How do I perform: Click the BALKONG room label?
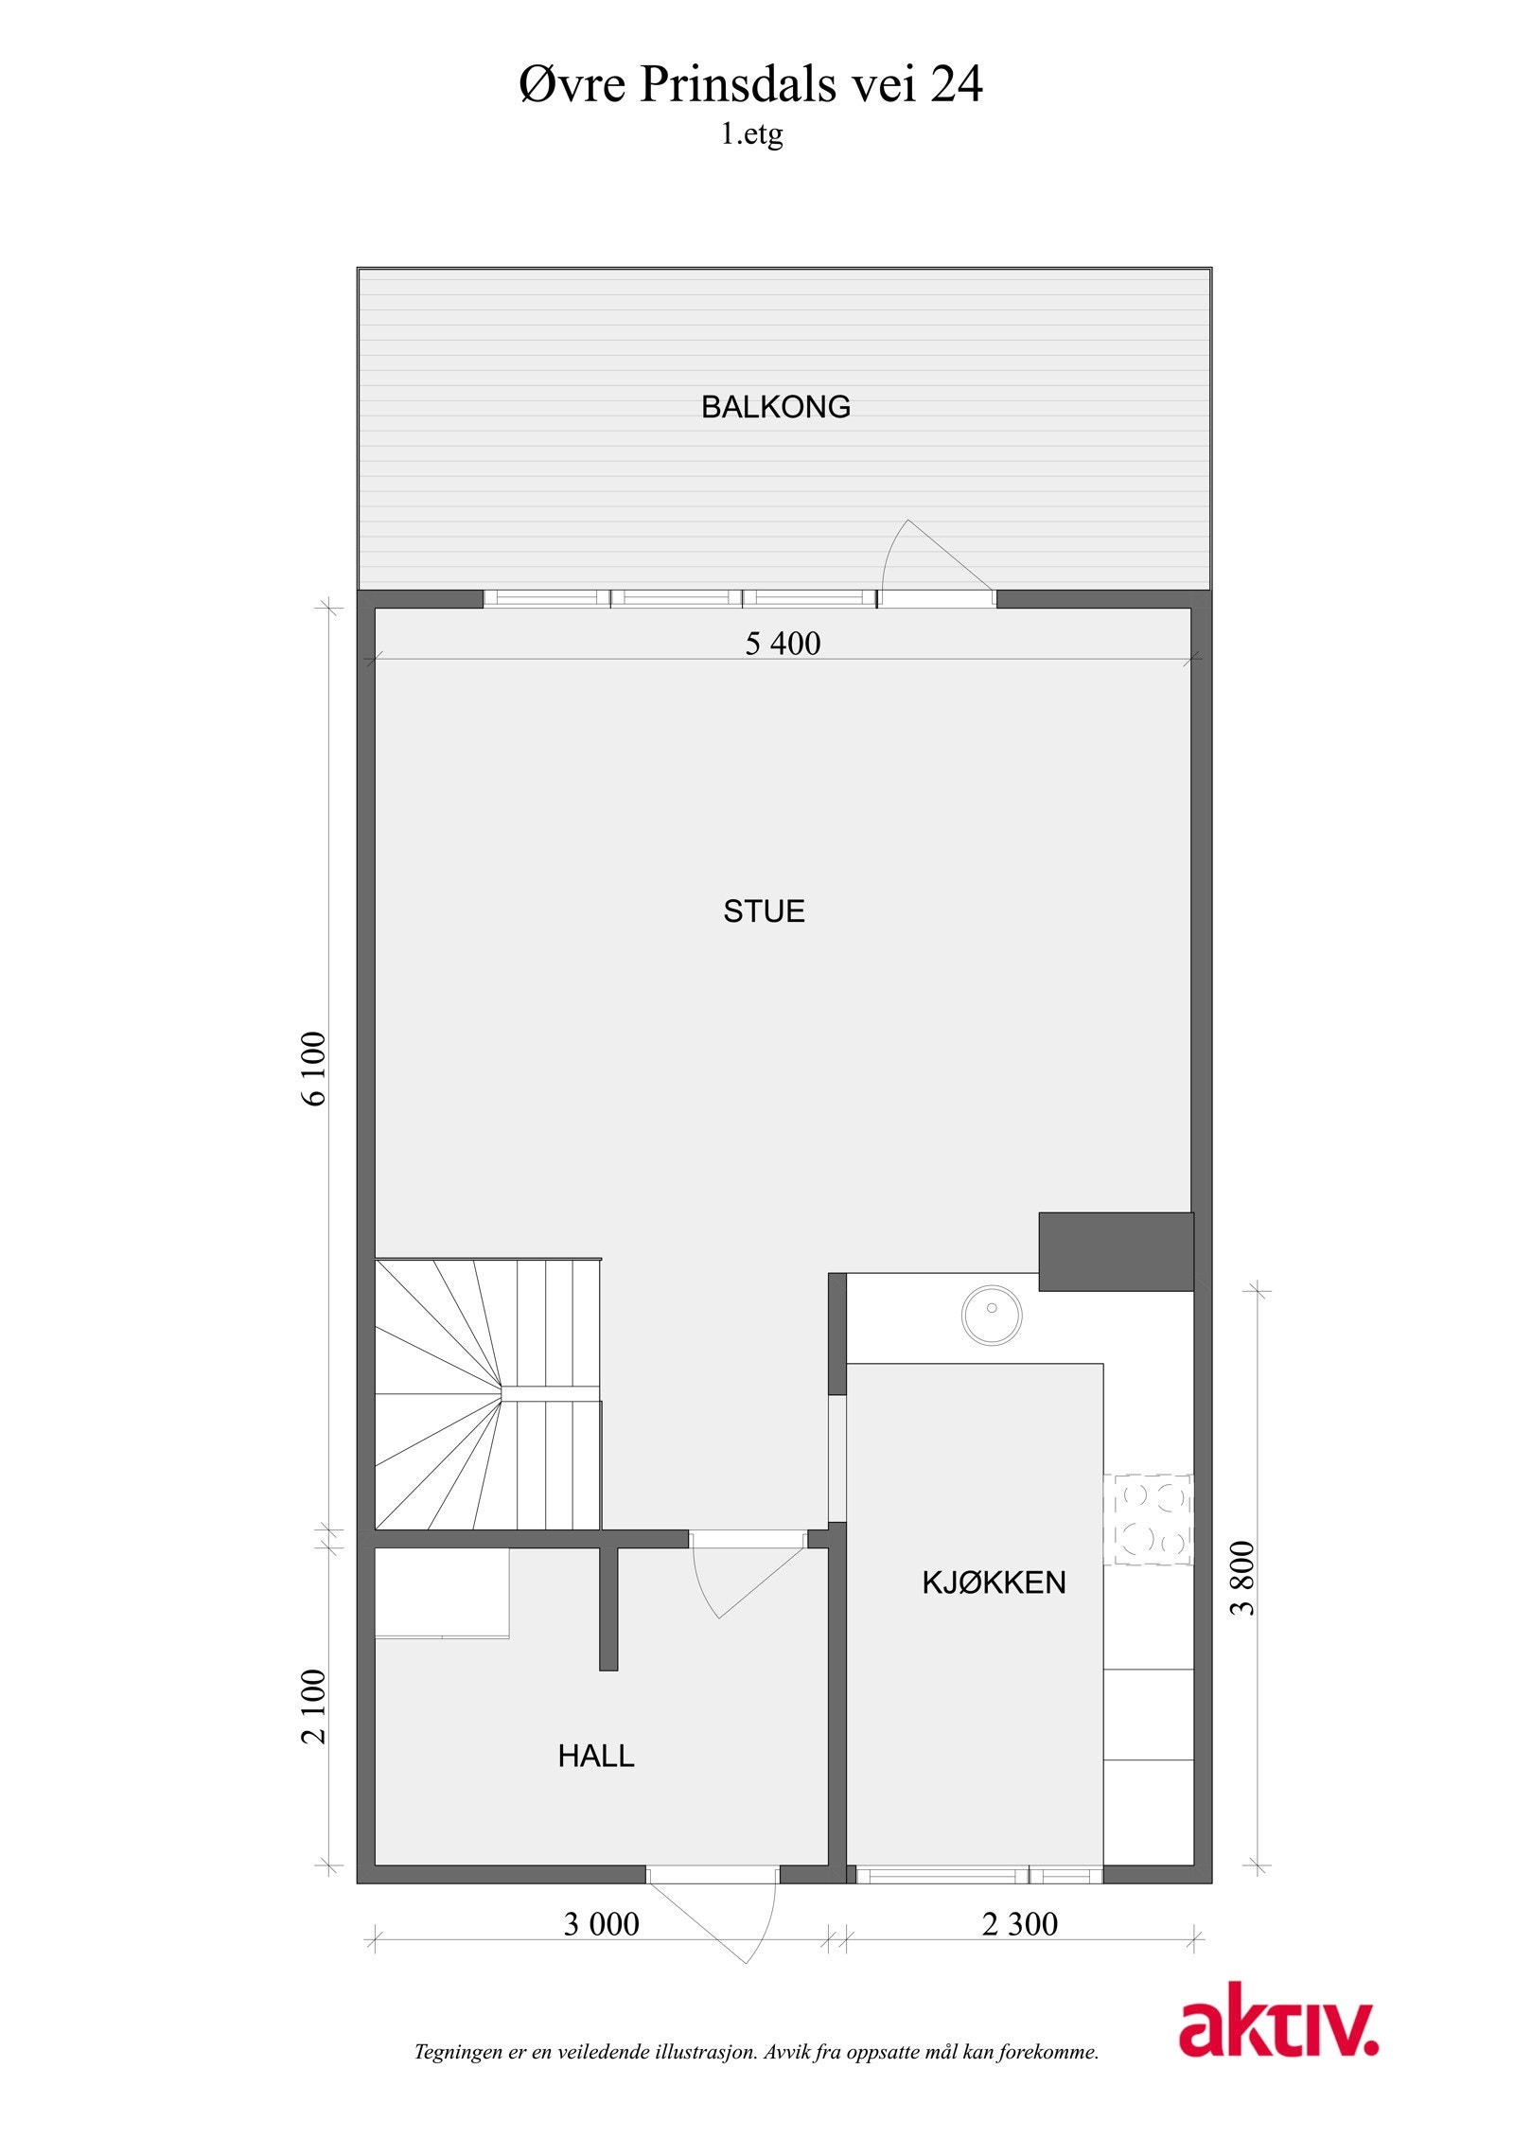(x=775, y=407)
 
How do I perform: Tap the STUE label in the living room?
(x=764, y=910)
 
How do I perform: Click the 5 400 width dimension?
(x=783, y=644)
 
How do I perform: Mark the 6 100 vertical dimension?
(x=314, y=1069)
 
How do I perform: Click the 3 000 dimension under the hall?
(x=601, y=1924)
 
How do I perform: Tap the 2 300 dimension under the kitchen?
(x=1019, y=1924)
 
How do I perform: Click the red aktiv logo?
(x=1277, y=2046)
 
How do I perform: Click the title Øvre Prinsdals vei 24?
(x=750, y=85)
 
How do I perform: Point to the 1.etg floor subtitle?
(x=751, y=134)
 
